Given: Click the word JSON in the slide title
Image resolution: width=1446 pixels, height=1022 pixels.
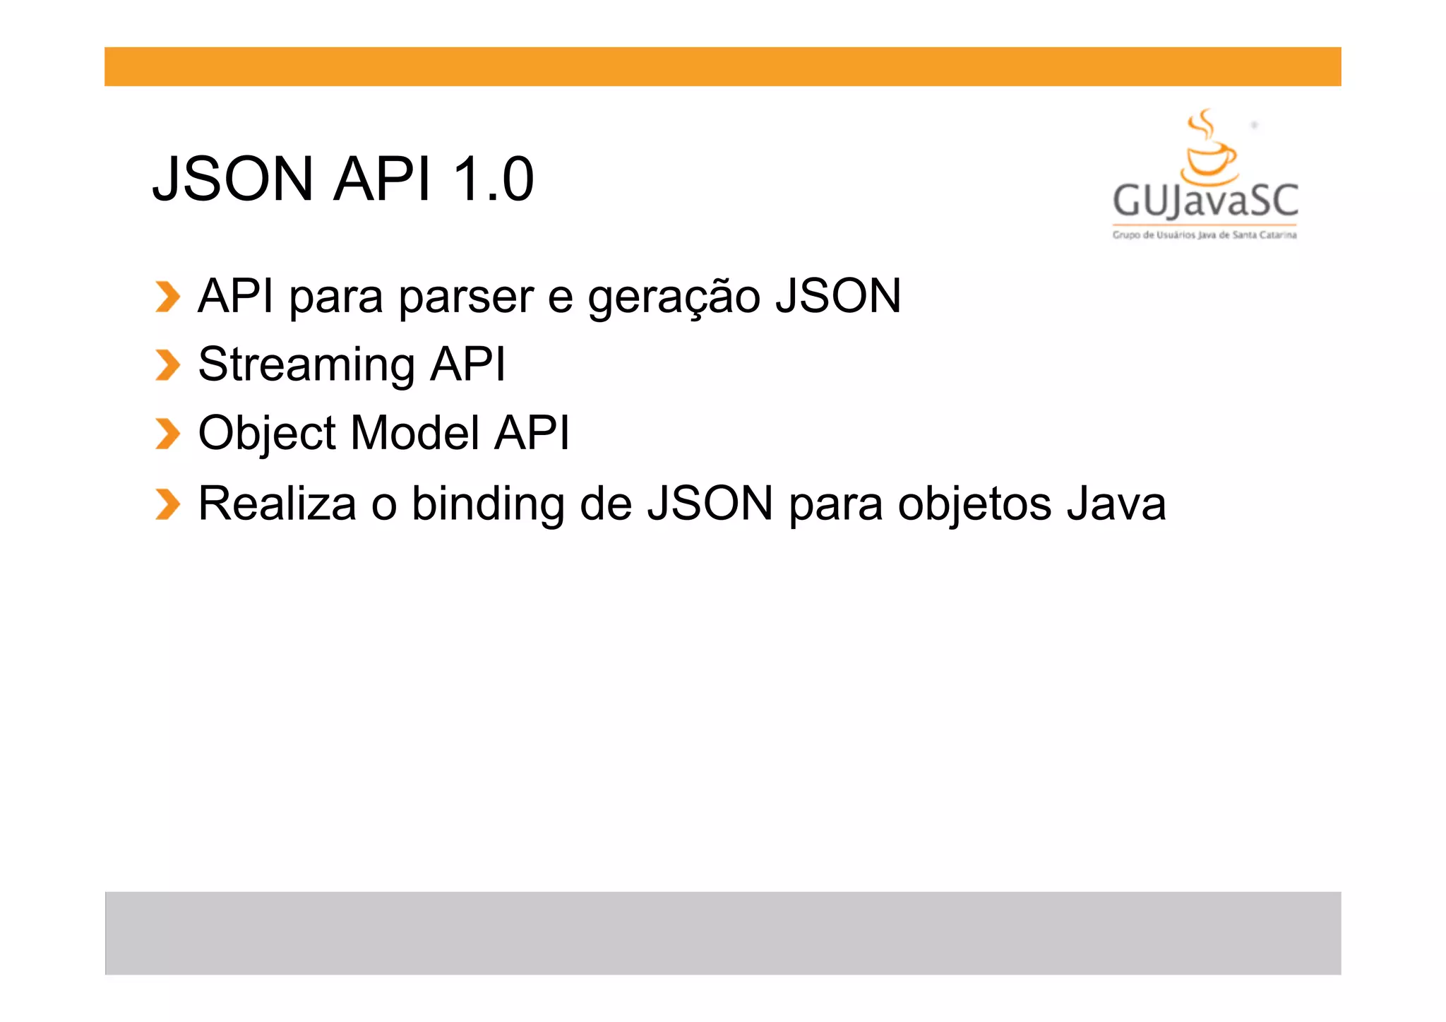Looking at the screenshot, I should (233, 179).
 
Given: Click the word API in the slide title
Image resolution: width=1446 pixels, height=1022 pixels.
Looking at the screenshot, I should (382, 179).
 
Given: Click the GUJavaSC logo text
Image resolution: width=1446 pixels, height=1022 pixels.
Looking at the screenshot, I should (1205, 201).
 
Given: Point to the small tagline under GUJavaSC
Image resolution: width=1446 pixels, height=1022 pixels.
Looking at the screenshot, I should (1205, 235).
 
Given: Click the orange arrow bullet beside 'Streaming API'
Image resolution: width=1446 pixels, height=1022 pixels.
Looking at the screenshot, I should (167, 365).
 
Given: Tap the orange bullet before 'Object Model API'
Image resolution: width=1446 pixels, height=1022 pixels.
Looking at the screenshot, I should (167, 434).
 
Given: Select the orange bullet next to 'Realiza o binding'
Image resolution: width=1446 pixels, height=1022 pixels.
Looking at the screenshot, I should (167, 504).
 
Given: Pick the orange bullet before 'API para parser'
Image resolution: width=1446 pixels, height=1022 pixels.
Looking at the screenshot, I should (167, 297).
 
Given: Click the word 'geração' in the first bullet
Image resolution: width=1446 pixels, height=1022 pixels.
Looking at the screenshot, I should (674, 297).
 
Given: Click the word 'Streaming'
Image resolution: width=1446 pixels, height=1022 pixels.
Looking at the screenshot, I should (306, 365).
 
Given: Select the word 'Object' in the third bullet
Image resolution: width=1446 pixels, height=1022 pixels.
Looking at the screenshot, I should (267, 434).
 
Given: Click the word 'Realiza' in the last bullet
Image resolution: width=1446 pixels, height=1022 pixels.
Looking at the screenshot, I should (277, 504).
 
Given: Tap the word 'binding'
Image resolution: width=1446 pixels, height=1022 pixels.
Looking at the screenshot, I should (488, 505).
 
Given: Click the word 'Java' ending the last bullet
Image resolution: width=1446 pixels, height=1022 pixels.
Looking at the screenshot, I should (1116, 504).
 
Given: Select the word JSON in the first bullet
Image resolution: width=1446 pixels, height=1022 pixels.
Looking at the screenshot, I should (838, 296).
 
